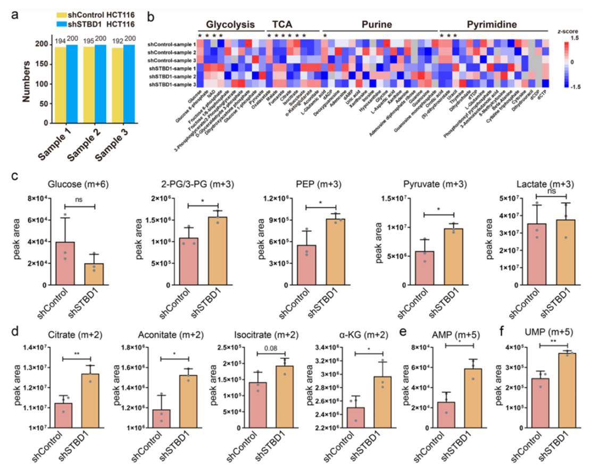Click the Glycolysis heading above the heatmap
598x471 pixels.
230,24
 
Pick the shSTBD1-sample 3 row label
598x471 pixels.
172,85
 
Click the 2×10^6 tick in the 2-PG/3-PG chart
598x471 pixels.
167,199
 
